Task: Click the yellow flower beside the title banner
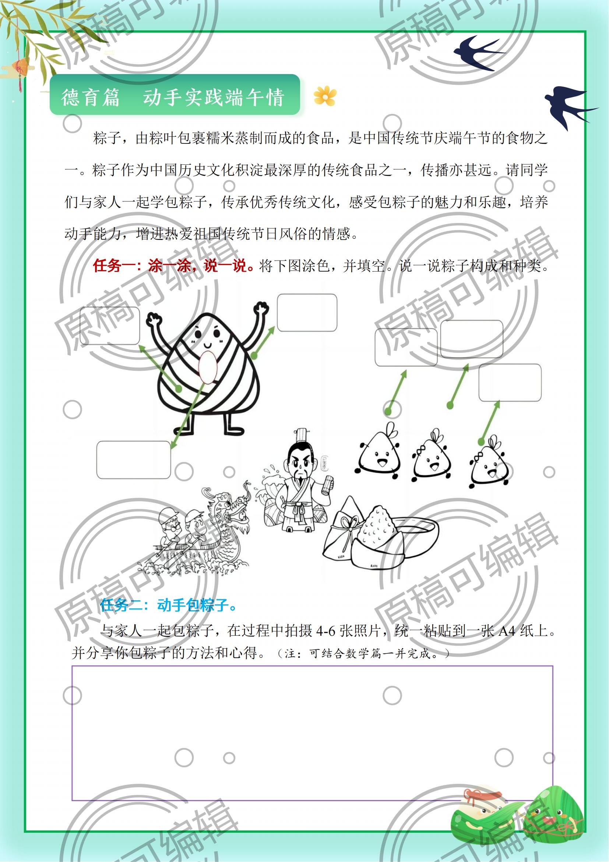point(325,96)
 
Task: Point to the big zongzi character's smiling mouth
point(208,344)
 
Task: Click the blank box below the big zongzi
point(134,460)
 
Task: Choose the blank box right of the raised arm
point(307,313)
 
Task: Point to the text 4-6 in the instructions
point(326,630)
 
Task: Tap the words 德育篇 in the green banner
point(90,97)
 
